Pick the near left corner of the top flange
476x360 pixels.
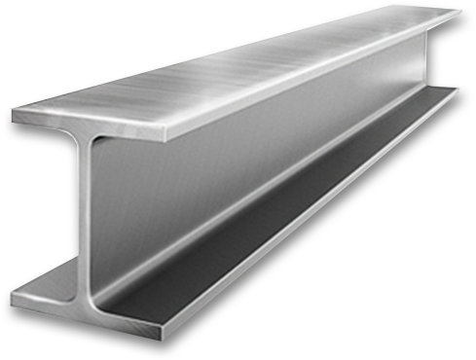[x=13, y=114]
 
